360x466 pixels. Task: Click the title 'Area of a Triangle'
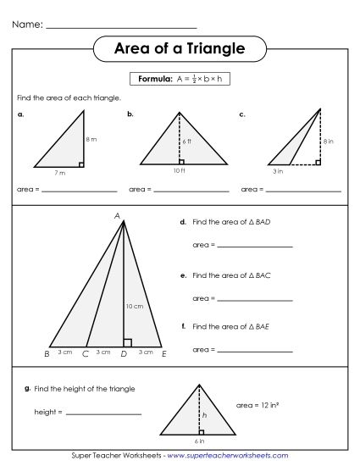pyautogui.click(x=179, y=49)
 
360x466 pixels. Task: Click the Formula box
pyautogui.click(x=180, y=79)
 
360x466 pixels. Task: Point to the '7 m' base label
pyautogui.click(x=59, y=173)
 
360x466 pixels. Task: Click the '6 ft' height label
pyautogui.click(x=187, y=141)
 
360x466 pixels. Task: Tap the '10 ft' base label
pyautogui.click(x=180, y=171)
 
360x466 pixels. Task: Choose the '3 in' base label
pyautogui.click(x=277, y=171)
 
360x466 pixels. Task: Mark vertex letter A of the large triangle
pyautogui.click(x=117, y=215)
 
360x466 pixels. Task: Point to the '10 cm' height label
pyautogui.click(x=133, y=305)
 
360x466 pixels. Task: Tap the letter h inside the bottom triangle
pyautogui.click(x=203, y=415)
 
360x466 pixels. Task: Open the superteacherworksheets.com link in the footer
pyautogui.click(x=225, y=456)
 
